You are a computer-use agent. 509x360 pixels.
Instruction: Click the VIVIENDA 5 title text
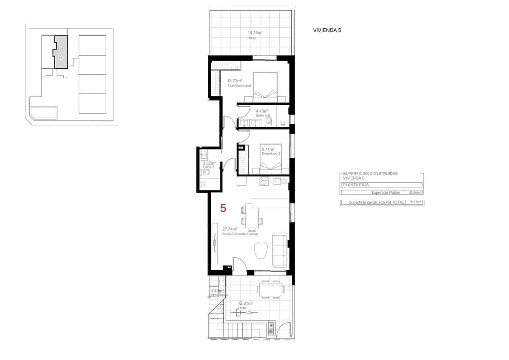327,31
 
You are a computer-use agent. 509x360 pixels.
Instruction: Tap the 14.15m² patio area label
255,32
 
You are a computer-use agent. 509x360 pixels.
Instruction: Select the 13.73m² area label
234,81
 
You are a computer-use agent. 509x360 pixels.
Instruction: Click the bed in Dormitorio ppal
265,87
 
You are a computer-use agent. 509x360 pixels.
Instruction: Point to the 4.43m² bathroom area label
262,111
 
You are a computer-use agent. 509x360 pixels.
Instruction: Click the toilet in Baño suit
269,121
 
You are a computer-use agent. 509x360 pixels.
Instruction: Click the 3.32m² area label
209,163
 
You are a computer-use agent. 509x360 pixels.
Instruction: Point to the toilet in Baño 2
206,173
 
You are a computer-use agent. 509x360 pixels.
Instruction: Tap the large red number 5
223,209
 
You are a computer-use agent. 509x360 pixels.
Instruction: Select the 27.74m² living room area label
230,229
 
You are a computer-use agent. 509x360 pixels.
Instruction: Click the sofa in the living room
280,249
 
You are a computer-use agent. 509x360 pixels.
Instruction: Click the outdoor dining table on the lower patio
270,289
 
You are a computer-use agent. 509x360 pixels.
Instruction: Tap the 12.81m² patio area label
246,303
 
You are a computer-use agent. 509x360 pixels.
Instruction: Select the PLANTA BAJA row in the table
382,185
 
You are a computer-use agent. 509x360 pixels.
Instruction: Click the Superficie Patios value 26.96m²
415,192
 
